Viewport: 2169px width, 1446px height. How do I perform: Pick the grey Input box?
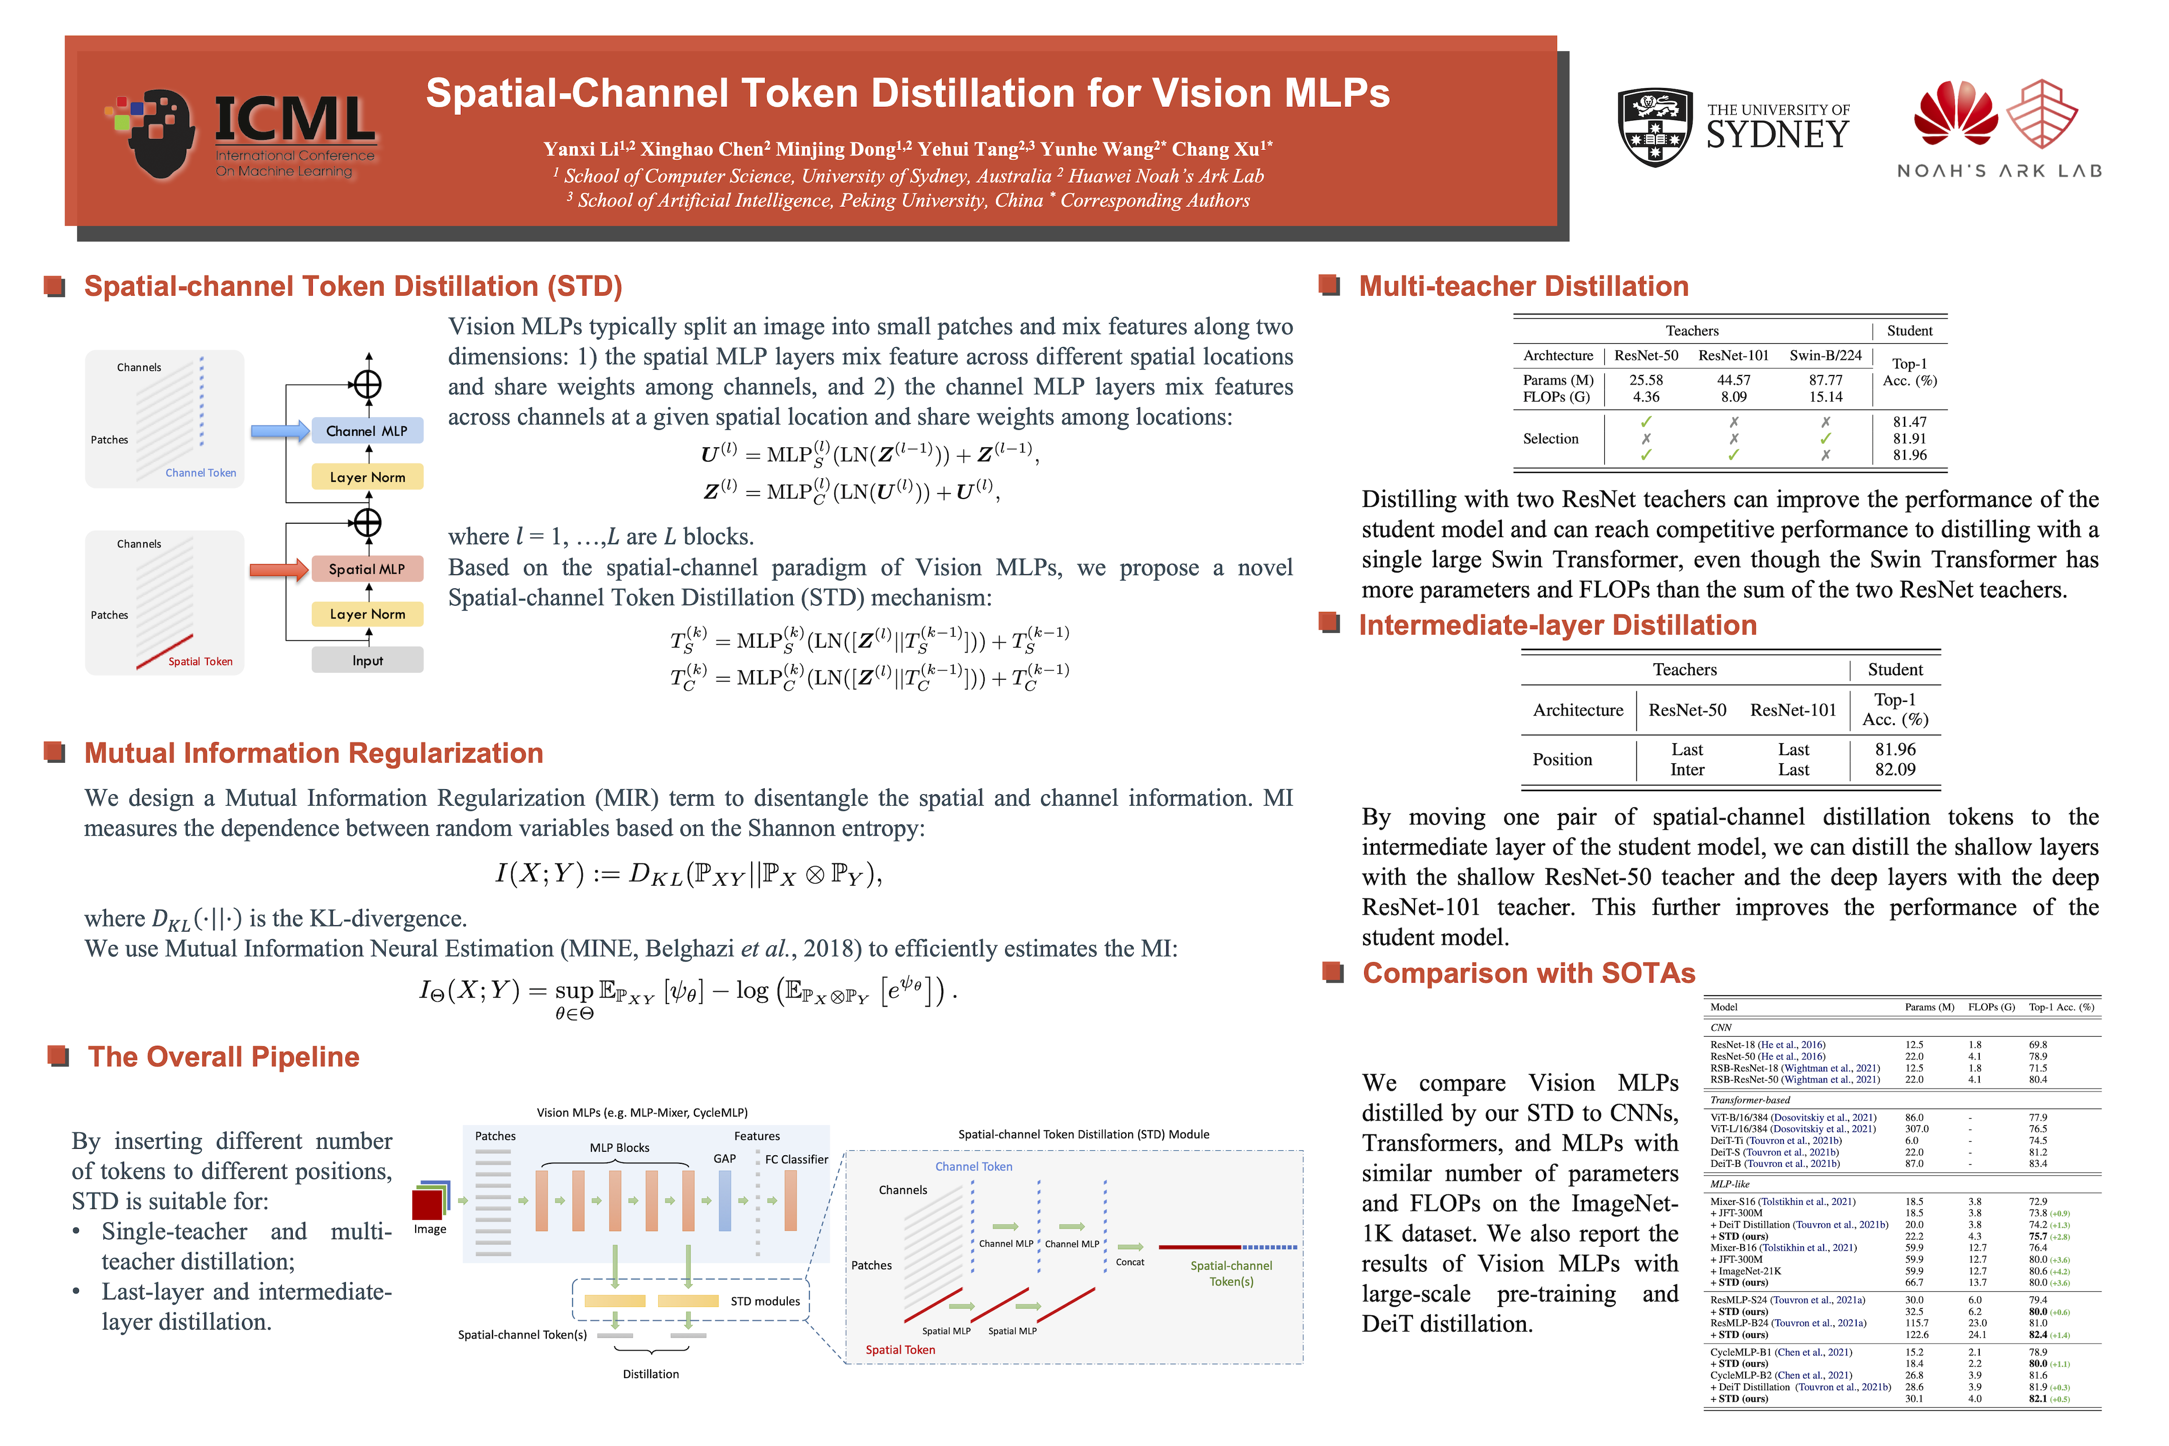(367, 660)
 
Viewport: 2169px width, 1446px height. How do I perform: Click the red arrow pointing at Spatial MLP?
(279, 569)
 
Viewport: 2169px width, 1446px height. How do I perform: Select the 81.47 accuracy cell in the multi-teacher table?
(1909, 421)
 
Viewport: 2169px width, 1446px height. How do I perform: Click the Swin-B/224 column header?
(1825, 355)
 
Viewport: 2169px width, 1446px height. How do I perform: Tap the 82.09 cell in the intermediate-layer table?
(1894, 769)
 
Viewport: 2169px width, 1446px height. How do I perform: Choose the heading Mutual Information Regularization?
(313, 754)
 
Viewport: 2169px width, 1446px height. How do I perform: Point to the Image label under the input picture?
(430, 1229)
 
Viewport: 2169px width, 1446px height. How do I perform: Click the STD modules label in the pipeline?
(765, 1301)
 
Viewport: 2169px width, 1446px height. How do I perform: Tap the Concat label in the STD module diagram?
(1130, 1262)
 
